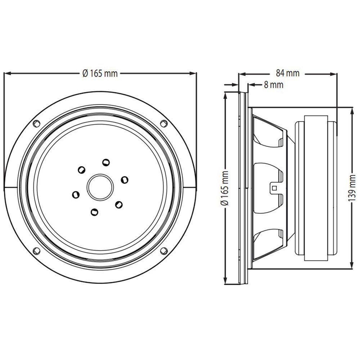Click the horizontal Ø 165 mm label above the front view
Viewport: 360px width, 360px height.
(100, 73)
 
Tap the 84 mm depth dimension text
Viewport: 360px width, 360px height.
(288, 73)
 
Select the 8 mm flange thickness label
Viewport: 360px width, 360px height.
(273, 85)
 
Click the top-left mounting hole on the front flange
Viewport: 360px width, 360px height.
(36, 123)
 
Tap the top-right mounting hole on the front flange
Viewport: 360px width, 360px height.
(163, 123)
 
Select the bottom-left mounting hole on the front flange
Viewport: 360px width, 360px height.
(36, 251)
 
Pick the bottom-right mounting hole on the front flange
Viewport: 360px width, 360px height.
(163, 250)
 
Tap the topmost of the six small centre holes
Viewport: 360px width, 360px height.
(105, 162)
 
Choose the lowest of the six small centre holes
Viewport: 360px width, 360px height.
(94, 212)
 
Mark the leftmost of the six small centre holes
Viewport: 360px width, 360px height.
(76, 195)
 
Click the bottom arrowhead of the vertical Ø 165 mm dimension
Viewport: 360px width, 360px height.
(226, 283)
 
